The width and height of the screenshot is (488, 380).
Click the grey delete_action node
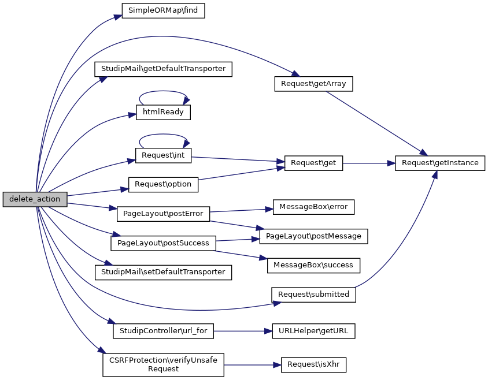point(35,199)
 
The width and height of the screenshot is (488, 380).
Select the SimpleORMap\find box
point(163,10)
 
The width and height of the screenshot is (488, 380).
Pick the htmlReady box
point(163,112)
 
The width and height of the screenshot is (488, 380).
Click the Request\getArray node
point(313,84)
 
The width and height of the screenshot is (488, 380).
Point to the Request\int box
point(163,156)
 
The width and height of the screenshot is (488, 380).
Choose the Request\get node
point(313,163)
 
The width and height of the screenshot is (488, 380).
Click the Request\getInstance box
point(440,163)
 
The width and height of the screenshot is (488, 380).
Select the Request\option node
point(163,185)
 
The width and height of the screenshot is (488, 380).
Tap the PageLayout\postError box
point(163,214)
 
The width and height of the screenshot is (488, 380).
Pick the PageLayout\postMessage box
point(313,236)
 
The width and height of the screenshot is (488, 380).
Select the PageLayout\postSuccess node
point(163,243)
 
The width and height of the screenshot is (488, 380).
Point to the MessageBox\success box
point(313,265)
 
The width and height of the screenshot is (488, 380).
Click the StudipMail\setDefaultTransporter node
point(163,271)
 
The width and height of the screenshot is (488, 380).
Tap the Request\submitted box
point(313,294)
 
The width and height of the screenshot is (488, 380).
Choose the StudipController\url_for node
point(163,331)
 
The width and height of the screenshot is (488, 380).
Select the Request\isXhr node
point(313,365)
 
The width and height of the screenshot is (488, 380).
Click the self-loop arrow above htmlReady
point(163,92)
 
